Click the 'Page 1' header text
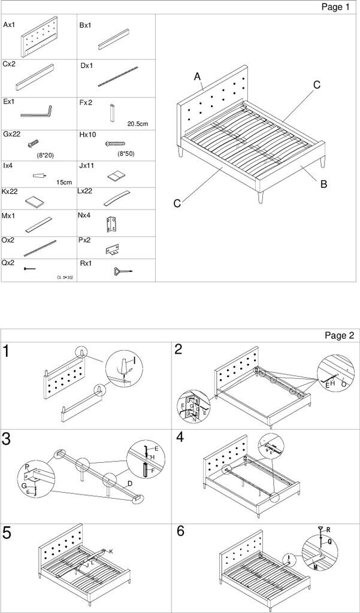(x=335, y=7)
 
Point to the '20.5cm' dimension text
(x=137, y=124)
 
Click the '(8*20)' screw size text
(x=45, y=155)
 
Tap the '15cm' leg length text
(x=63, y=182)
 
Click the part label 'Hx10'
(x=87, y=135)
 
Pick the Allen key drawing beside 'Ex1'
(x=37, y=112)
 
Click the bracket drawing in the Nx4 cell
(x=111, y=225)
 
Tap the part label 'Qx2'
(x=9, y=263)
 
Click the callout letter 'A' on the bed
(x=196, y=76)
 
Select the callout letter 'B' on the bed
(x=323, y=184)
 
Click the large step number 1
(x=7, y=351)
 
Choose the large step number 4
(x=179, y=438)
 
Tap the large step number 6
(x=180, y=532)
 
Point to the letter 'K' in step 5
(x=111, y=551)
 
